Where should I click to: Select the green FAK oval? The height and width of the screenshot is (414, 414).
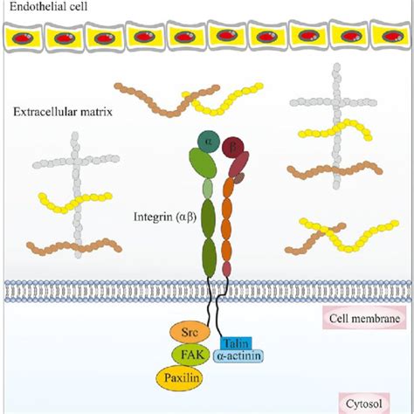[190, 355]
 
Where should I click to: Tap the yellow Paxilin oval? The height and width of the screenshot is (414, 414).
[185, 378]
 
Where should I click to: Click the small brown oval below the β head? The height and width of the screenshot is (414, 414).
[238, 179]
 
